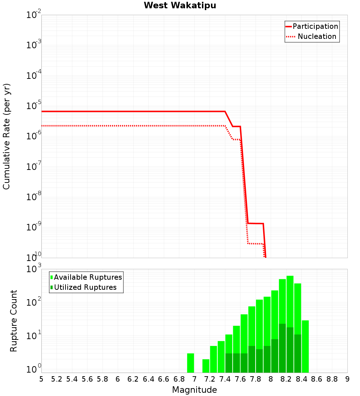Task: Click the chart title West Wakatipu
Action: pos(180,6)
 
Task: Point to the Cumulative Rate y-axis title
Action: pos(6,136)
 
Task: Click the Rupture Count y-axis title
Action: pos(14,321)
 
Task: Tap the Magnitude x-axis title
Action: pos(194,390)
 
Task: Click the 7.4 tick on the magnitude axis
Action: pos(225,379)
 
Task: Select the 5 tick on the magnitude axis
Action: pos(41,379)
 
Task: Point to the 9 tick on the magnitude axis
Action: pos(347,379)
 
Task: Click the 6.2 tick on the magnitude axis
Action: pos(133,379)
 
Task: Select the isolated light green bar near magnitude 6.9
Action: pos(190,363)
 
